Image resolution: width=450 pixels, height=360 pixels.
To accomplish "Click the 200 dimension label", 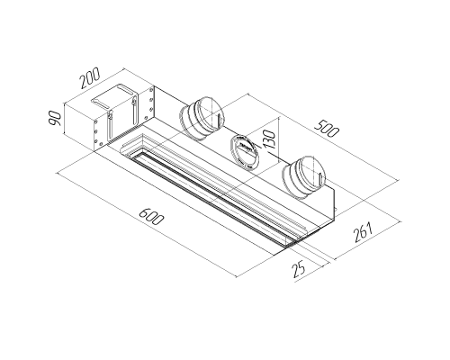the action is click(x=90, y=78).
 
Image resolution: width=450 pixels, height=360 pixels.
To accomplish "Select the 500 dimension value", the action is click(x=327, y=128).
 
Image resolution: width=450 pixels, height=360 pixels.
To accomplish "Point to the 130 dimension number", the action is click(x=268, y=139).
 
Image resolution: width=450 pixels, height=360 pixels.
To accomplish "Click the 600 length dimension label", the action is click(x=151, y=216).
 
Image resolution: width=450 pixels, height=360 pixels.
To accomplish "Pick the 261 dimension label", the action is click(x=363, y=232).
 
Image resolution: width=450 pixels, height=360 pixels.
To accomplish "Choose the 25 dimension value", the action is click(x=299, y=269).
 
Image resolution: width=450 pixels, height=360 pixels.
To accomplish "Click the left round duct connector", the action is click(x=202, y=118).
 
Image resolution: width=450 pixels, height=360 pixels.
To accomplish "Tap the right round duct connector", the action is click(x=304, y=177).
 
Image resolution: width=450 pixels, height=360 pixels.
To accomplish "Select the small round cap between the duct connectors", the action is click(x=245, y=152).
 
